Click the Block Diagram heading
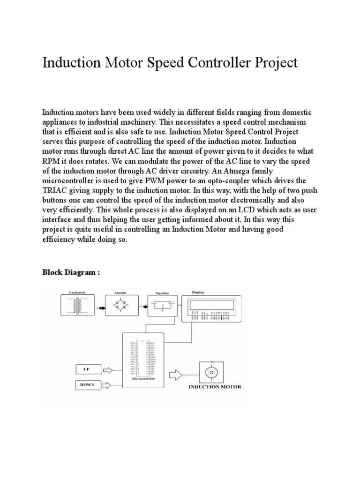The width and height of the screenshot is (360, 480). click(x=71, y=272)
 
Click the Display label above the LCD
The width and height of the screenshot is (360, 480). click(x=197, y=291)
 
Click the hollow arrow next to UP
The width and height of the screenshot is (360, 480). click(x=107, y=370)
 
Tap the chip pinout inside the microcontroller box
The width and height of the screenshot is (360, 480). click(x=143, y=356)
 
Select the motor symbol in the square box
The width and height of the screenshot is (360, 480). click(x=211, y=373)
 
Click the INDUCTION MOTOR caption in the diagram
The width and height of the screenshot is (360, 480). click(x=215, y=387)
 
